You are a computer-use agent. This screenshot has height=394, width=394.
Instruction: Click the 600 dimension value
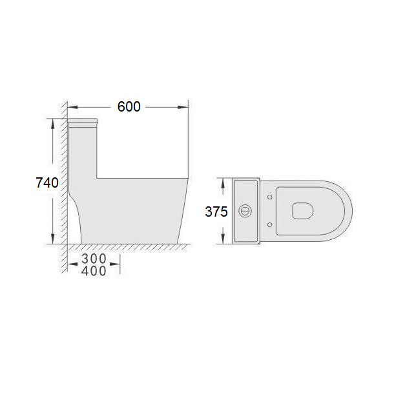tap(129, 106)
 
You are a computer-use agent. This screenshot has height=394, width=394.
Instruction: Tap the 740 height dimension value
tap(47, 182)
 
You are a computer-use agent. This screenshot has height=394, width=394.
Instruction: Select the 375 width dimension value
tap(216, 212)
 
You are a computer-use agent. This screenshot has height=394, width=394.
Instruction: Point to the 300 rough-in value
tap(94, 259)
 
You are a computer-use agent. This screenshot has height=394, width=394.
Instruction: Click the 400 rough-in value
tap(94, 271)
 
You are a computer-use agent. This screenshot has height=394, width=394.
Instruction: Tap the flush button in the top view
tap(245, 211)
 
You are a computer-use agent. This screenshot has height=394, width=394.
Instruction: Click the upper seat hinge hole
tap(269, 197)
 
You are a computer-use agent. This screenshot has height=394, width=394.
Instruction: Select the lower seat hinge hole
tap(269, 224)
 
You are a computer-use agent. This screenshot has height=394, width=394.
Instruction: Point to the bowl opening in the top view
tap(303, 211)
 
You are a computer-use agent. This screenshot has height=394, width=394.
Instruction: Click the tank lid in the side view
tap(83, 123)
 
